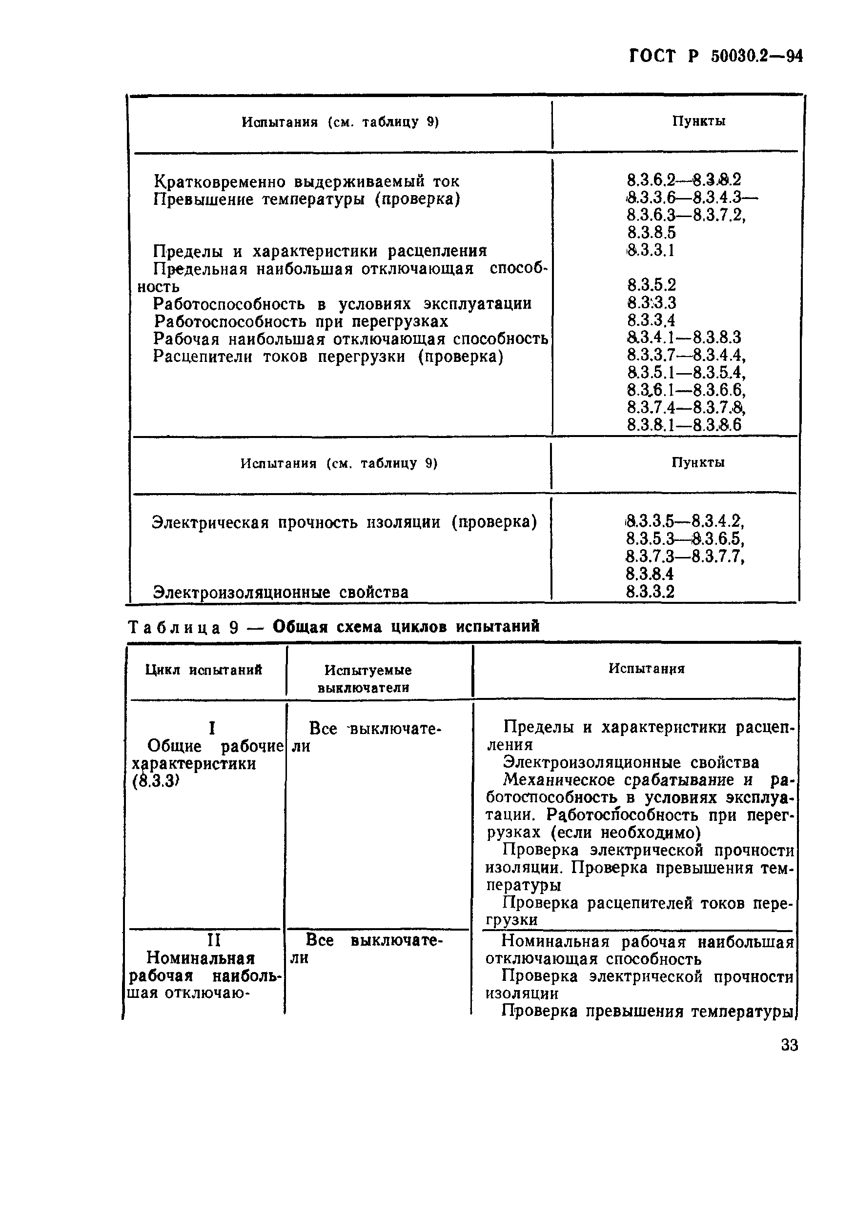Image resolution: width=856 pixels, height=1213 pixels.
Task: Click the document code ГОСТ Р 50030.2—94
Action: pyautogui.click(x=716, y=56)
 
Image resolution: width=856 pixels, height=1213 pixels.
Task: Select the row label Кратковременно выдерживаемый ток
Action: pyautogui.click(x=306, y=182)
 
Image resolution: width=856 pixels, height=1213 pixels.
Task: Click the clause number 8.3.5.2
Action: pyautogui.click(x=652, y=285)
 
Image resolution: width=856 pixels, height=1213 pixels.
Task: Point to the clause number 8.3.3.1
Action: pyautogui.click(x=651, y=250)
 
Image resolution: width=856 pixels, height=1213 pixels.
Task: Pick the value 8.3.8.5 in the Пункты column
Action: pyautogui.click(x=652, y=233)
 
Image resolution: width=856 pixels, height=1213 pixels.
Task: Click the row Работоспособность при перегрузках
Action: pyautogui.click(x=302, y=321)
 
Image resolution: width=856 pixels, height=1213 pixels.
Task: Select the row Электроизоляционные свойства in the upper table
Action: pyautogui.click(x=281, y=592)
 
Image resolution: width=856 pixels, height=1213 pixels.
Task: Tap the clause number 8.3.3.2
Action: pyautogui.click(x=651, y=591)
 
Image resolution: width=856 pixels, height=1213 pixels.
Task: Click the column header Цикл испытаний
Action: pyautogui.click(x=204, y=670)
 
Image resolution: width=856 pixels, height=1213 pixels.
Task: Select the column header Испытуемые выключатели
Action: pyautogui.click(x=367, y=678)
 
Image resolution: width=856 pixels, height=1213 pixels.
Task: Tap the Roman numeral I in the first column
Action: pyautogui.click(x=212, y=729)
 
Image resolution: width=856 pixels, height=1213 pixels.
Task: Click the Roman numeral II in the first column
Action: pyautogui.click(x=213, y=941)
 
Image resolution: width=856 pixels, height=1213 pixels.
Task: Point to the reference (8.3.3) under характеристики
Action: pyautogui.click(x=154, y=781)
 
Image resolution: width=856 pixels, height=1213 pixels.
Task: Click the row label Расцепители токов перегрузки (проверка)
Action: pyautogui.click(x=328, y=357)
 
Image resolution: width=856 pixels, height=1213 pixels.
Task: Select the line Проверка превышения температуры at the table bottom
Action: pyautogui.click(x=647, y=1011)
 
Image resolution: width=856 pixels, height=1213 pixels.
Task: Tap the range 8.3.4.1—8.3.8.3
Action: pyautogui.click(x=684, y=338)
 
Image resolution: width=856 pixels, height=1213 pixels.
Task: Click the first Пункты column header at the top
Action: pyautogui.click(x=698, y=121)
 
